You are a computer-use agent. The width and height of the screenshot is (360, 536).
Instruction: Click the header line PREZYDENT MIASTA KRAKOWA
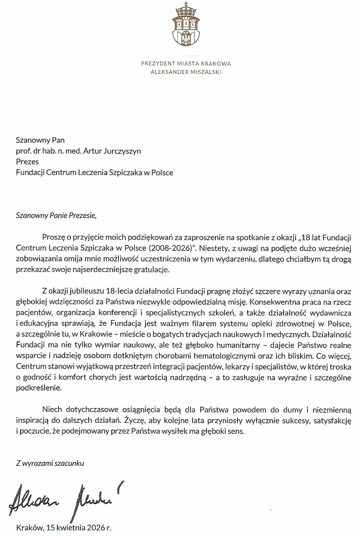click(186, 63)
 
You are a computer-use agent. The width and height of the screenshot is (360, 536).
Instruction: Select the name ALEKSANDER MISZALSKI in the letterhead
click(186, 72)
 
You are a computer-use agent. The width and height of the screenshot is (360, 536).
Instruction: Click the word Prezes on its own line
click(27, 162)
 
